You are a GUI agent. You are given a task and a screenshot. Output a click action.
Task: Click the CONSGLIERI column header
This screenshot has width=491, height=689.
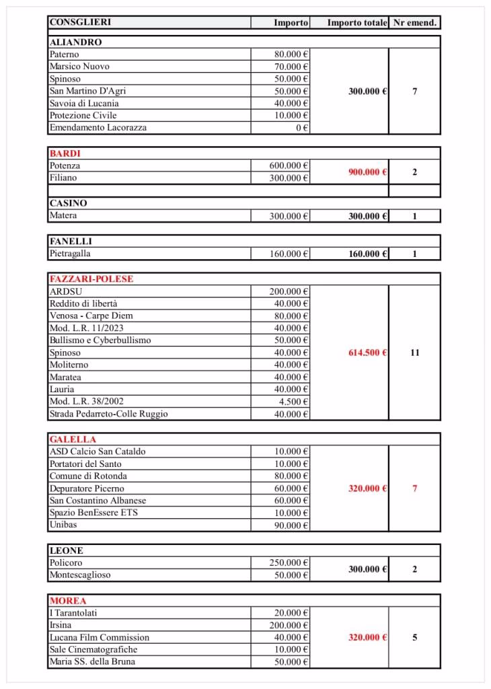pos(81,22)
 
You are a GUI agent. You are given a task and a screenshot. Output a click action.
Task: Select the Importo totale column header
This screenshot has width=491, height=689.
pos(356,23)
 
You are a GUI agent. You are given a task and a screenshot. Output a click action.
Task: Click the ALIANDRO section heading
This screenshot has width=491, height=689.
pos(75,42)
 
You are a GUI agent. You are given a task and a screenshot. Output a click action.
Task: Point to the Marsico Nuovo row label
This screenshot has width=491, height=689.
pos(79,67)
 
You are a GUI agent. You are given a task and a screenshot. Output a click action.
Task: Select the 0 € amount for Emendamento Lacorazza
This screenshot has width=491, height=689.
pos(302,128)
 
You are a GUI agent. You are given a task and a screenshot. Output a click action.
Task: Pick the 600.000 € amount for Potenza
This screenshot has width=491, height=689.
pos(289,166)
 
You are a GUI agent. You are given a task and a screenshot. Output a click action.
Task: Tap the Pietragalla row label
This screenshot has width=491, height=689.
pos(70,254)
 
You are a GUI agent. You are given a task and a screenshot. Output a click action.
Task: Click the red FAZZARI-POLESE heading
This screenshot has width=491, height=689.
pos(91,279)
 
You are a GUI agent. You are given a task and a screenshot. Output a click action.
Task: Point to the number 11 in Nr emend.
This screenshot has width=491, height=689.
pos(414,353)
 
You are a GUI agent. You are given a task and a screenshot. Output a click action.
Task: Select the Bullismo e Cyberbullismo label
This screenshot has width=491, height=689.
pos(100,340)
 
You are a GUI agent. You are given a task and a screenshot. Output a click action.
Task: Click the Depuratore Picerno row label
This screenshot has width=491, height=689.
pos(87,488)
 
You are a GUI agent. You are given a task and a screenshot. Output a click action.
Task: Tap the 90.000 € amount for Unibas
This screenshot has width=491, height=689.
pos(292,525)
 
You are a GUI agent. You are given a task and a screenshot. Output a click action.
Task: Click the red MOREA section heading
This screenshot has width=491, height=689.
pos(68,600)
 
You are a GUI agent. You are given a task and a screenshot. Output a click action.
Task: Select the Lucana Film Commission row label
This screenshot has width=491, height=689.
pos(100,637)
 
